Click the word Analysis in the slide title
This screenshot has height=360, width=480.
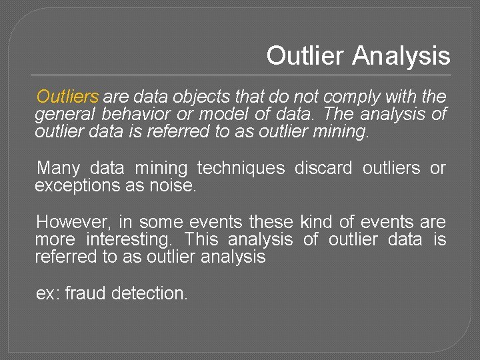[401, 56]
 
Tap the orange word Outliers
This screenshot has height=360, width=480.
[67, 97]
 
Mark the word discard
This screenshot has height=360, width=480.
[323, 168]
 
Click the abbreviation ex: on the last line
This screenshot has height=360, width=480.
[47, 293]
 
